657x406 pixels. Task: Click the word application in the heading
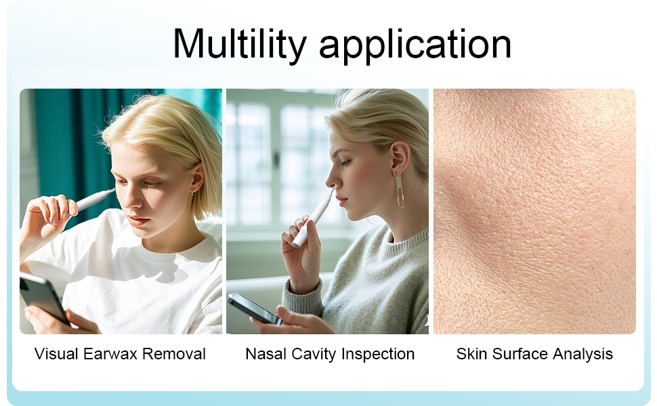click(415, 45)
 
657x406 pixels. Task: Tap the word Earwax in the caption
click(115, 353)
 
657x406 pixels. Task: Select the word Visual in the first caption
click(56, 353)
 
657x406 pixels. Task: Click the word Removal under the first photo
click(176, 353)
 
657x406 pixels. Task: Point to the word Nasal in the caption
click(266, 353)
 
